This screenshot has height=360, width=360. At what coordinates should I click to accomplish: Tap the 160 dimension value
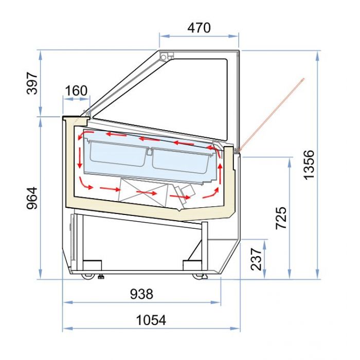[x=76, y=91]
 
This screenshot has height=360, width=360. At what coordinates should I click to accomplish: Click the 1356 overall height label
[x=309, y=165]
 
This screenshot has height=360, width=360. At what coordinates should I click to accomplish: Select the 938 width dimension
[x=141, y=294]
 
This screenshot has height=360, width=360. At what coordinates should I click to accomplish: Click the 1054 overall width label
[x=151, y=320]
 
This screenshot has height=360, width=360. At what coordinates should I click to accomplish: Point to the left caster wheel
[x=89, y=276]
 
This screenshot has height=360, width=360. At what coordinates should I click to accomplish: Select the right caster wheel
[x=199, y=277]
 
